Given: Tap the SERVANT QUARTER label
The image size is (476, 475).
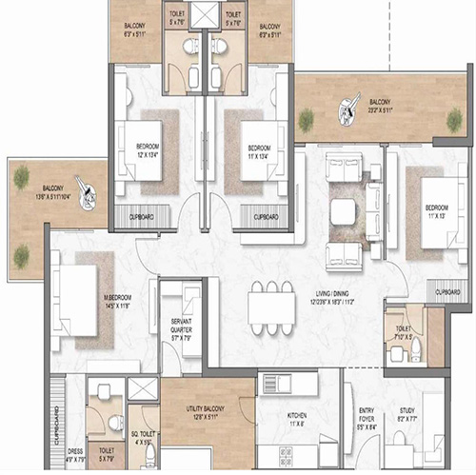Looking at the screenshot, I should tap(178, 331).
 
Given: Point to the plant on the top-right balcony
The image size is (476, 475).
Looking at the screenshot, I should tap(306, 120).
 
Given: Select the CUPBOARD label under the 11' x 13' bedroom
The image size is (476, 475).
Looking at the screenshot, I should tap(447, 291).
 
